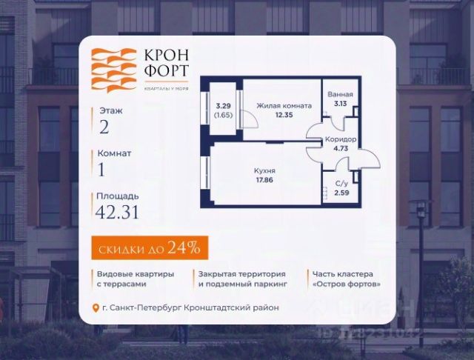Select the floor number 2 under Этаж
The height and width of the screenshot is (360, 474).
click(x=104, y=126)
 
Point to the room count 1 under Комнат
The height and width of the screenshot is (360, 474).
click(x=102, y=169)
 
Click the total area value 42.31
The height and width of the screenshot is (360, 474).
click(x=117, y=213)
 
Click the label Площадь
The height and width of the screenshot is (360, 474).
click(x=117, y=196)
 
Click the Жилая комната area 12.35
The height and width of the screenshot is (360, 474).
click(x=284, y=116)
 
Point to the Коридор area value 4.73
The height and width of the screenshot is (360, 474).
click(x=341, y=149)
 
